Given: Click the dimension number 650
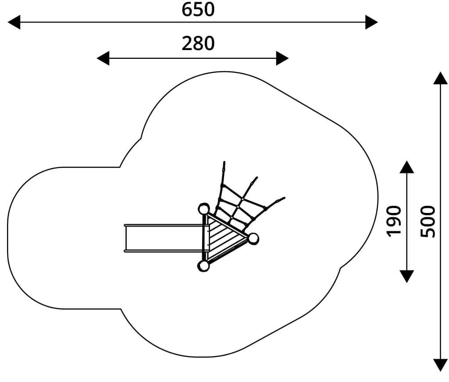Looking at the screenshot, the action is click(x=198, y=9).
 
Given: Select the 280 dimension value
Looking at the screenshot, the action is click(x=198, y=43).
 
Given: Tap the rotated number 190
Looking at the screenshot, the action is click(x=394, y=221).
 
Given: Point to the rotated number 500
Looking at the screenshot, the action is click(x=428, y=221).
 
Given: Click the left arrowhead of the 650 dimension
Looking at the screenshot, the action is click(x=14, y=22).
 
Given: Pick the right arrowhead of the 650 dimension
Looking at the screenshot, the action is click(x=372, y=22).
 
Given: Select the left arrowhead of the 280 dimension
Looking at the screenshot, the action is click(x=103, y=58).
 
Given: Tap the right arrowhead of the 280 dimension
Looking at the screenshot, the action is click(x=282, y=58).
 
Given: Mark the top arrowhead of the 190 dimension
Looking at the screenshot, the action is click(x=406, y=167).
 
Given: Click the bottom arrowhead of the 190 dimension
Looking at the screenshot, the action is click(x=406, y=277).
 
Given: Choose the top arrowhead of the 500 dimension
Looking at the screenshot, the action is click(x=440, y=78).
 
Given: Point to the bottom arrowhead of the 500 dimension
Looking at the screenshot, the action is click(x=440, y=365).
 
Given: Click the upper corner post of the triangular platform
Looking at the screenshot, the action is click(x=203, y=209).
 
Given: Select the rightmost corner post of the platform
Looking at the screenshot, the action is click(x=253, y=238).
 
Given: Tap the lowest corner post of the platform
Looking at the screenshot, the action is click(x=203, y=266).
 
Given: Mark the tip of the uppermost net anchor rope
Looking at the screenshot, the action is click(x=224, y=162).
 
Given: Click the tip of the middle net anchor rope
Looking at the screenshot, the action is click(x=257, y=177).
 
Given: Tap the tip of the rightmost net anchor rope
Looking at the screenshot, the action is click(x=284, y=198).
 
